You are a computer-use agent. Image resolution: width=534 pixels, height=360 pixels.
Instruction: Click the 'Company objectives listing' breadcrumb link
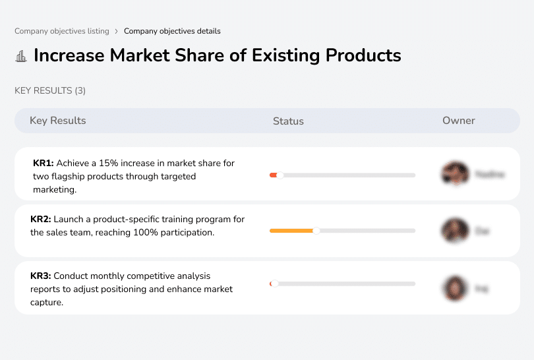coord(61,31)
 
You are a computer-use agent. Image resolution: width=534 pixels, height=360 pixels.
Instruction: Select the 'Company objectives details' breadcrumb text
coord(172,31)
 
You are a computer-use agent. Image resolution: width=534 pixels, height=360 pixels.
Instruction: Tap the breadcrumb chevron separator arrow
coord(116,31)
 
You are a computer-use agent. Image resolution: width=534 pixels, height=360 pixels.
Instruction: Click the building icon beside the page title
coord(21,56)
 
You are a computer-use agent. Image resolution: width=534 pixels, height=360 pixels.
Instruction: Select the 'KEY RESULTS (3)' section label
coord(50,90)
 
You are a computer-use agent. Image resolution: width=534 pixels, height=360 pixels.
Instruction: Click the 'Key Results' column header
coord(57,121)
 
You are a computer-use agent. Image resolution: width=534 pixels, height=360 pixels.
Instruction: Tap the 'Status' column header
coord(288,121)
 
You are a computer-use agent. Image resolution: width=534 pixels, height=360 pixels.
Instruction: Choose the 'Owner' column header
coord(458,121)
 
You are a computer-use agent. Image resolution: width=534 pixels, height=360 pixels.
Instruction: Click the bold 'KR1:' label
coord(44,163)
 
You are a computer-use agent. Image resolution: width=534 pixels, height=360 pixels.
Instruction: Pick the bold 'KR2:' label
coord(41,220)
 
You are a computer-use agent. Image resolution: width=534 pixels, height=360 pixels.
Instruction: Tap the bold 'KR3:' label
coord(41,276)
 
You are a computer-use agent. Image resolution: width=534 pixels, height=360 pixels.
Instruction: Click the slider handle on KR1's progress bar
coord(280,175)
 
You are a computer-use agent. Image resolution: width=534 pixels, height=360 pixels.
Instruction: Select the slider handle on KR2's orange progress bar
coord(316,231)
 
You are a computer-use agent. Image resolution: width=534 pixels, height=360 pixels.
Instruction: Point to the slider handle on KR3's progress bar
coord(274,284)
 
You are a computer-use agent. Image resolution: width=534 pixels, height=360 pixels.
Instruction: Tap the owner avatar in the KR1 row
coord(455,174)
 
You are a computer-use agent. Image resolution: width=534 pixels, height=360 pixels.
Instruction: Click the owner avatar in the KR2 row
coord(455,231)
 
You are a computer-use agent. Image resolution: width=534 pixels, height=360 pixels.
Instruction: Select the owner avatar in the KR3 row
coord(455,288)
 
